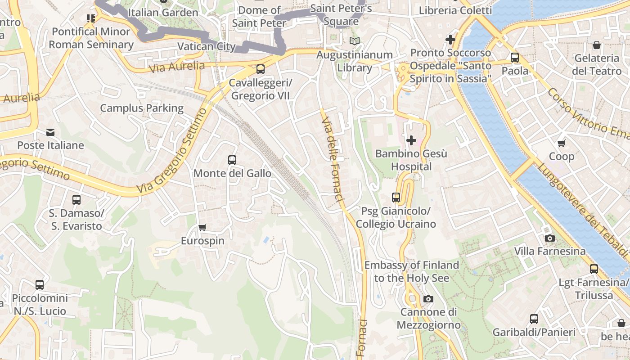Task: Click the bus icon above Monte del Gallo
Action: [232, 160]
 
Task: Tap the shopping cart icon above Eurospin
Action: [202, 227]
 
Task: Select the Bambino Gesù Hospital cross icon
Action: [411, 140]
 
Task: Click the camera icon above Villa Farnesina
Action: [549, 238]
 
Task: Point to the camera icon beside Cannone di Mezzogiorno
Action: [428, 299]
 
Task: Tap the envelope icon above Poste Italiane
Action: [50, 132]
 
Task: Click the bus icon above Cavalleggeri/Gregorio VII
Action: [260, 69]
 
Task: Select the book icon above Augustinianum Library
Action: [355, 41]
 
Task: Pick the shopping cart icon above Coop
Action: [561, 143]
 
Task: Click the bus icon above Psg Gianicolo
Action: [396, 197]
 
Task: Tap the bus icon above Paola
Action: [515, 58]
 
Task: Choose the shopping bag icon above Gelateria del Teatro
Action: [597, 45]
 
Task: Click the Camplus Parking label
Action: [142, 108]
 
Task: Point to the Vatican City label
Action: [207, 46]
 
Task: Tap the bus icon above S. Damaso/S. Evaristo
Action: [76, 199]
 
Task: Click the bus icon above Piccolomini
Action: [40, 284]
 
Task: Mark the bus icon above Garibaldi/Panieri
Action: [534, 319]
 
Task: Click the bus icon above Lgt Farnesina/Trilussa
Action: [594, 269]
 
